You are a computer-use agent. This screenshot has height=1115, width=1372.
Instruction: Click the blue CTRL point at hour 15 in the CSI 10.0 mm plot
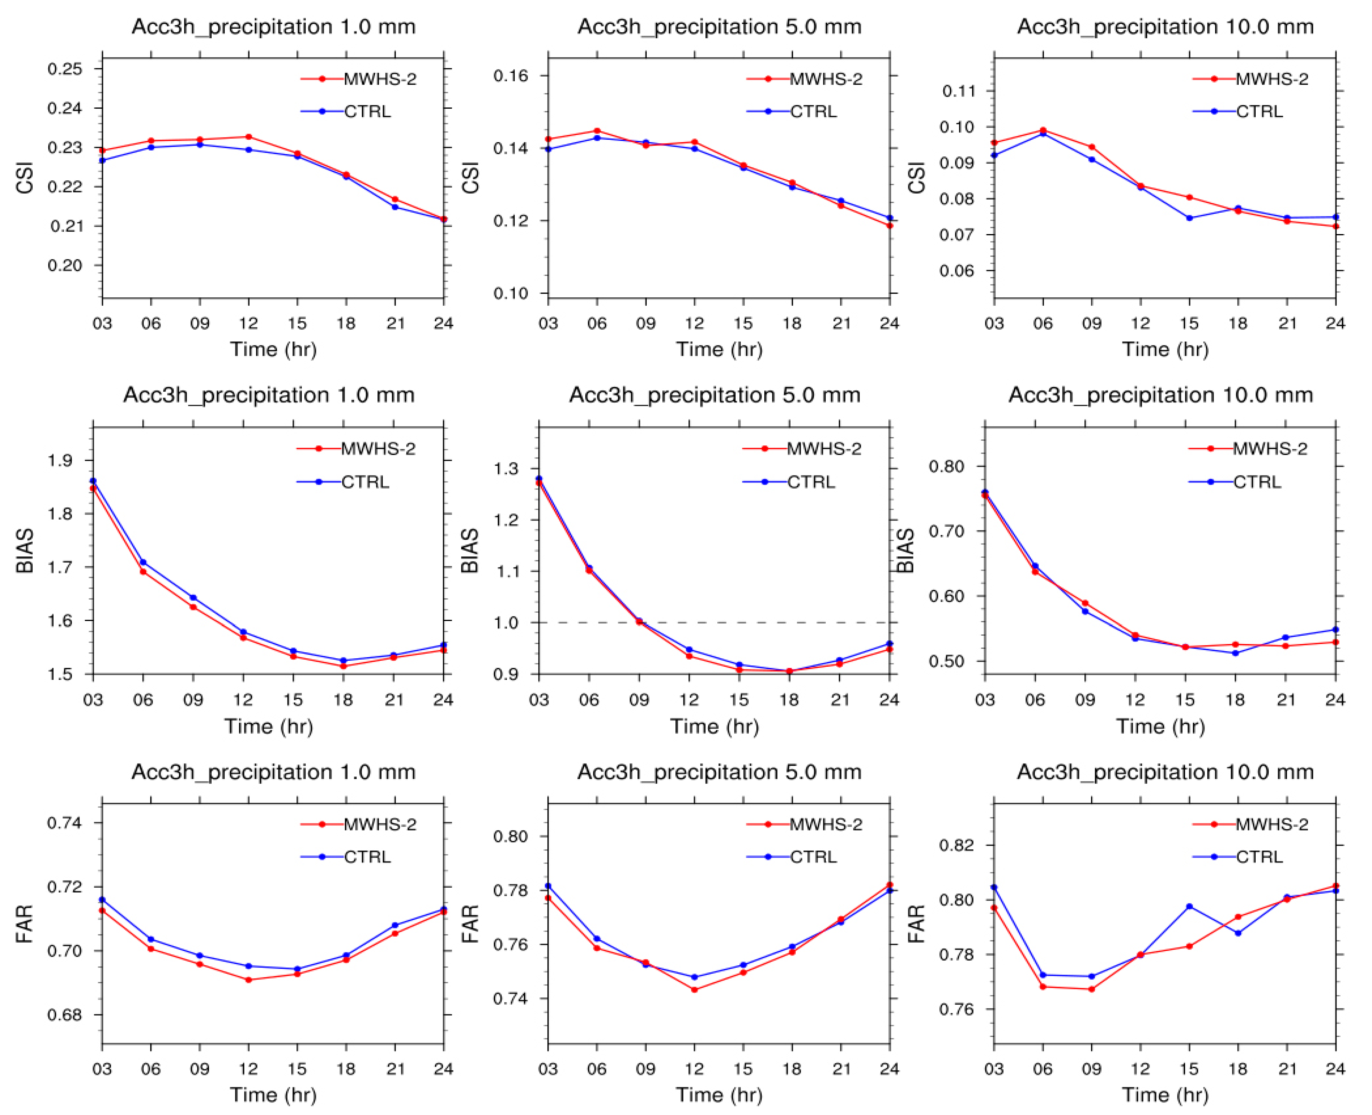tap(1189, 218)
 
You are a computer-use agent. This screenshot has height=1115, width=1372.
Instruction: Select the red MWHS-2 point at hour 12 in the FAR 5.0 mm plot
tap(694, 990)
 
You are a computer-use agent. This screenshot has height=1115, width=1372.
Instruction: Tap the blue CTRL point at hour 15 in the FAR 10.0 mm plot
tap(1189, 906)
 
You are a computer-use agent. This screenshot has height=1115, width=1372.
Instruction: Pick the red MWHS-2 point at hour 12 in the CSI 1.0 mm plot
tap(248, 137)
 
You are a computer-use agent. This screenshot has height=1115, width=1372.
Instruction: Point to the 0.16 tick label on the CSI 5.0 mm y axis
tap(511, 76)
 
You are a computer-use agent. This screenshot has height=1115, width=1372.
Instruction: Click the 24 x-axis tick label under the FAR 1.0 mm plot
tap(443, 1069)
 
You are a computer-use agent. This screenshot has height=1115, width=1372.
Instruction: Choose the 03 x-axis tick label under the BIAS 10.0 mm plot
tap(985, 699)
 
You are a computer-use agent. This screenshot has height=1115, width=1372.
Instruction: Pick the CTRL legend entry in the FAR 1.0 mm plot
tap(346, 857)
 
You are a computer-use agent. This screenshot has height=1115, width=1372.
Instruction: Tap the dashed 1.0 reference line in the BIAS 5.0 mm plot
tap(714, 622)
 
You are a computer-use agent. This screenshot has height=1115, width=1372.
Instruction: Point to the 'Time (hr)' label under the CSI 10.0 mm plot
tap(1165, 349)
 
